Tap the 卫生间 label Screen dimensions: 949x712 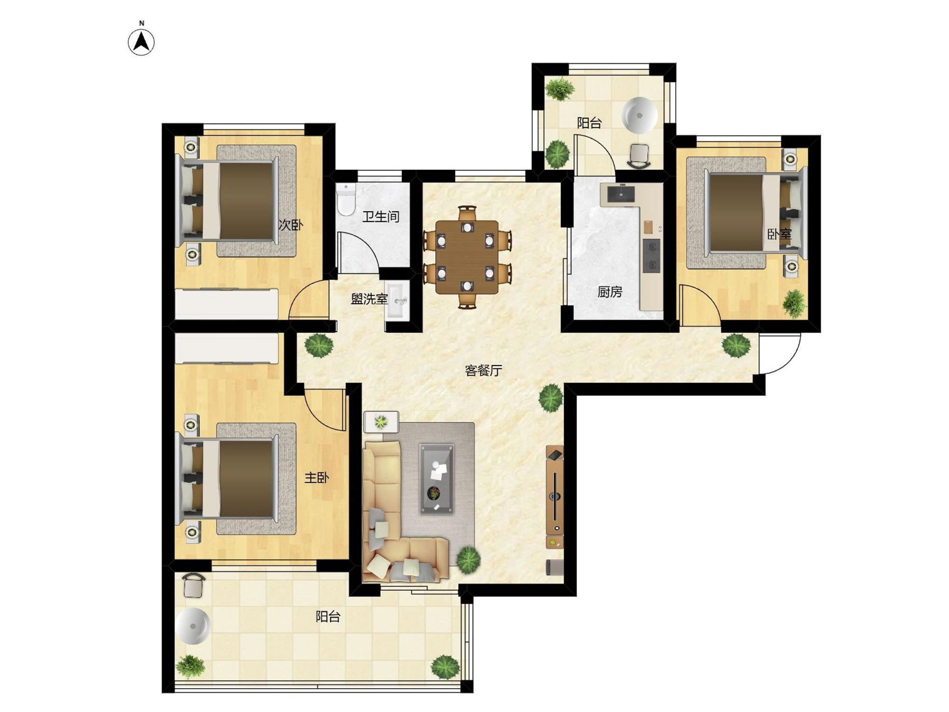pyautogui.click(x=381, y=217)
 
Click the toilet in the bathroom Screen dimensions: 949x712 pyautogui.click(x=345, y=199)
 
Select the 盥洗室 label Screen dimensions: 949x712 pyautogui.click(x=369, y=299)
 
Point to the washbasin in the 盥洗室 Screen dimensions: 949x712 pyautogui.click(x=397, y=300)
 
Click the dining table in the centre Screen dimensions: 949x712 pyautogui.click(x=467, y=257)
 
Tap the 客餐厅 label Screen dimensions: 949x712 pyautogui.click(x=483, y=370)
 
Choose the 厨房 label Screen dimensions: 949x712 pyautogui.click(x=610, y=292)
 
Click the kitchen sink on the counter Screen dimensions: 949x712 pyautogui.click(x=621, y=194)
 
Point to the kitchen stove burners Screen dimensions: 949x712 pyautogui.click(x=651, y=256)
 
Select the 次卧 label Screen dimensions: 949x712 pyautogui.click(x=290, y=225)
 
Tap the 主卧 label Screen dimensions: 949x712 pyautogui.click(x=316, y=478)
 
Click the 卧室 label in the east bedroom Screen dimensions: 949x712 pyautogui.click(x=780, y=234)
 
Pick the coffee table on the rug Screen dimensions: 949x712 pyautogui.click(x=437, y=479)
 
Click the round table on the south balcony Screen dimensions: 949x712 pyautogui.click(x=192, y=626)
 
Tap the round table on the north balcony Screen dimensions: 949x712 pyautogui.click(x=640, y=115)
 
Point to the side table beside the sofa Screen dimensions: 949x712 pyautogui.click(x=381, y=422)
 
